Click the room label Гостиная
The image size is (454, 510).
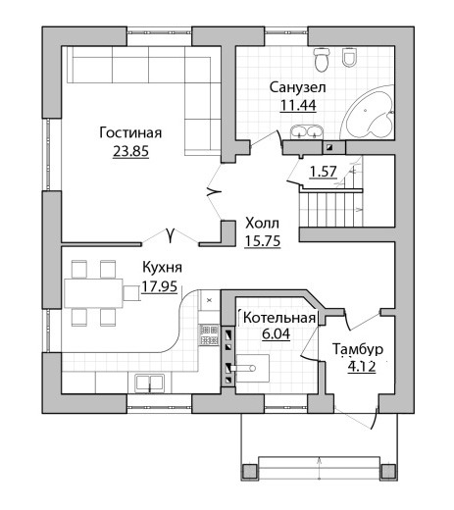[130, 133]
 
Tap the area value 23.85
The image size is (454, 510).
[130, 151]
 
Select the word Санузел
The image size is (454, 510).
[297, 87]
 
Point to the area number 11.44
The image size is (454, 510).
[298, 105]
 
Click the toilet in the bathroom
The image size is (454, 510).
[321, 60]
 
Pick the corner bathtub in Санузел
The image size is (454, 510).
[368, 113]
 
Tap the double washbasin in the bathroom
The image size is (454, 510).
[307, 132]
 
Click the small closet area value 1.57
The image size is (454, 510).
[323, 172]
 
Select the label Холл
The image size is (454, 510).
[262, 224]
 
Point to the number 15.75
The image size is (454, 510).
[263, 241]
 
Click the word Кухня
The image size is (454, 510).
[162, 268]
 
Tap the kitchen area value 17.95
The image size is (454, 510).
[160, 286]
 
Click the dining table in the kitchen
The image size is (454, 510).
[93, 293]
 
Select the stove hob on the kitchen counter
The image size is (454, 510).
[209, 334]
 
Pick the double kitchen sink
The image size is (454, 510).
[150, 382]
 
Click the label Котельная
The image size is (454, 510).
[279, 318]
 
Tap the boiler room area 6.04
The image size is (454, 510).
[276, 333]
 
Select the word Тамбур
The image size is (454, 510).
[358, 349]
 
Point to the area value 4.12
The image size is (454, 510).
[362, 367]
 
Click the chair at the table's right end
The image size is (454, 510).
[131, 293]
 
